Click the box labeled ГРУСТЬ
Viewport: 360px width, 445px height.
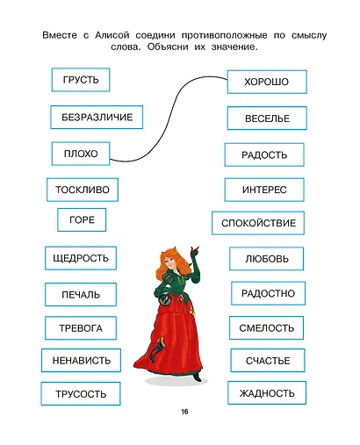click(81, 80)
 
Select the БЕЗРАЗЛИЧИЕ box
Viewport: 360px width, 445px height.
click(97, 117)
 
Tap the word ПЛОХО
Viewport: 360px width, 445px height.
click(81, 154)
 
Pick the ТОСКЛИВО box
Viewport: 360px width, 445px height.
click(83, 190)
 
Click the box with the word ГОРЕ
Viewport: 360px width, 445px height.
click(82, 219)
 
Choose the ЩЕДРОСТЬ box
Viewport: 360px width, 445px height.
click(81, 258)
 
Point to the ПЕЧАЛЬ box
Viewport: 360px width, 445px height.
click(81, 294)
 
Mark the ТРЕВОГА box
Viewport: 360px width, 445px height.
click(81, 328)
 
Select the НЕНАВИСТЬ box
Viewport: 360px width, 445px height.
click(81, 360)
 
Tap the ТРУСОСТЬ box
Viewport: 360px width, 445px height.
click(81, 393)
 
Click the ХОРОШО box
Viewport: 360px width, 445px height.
click(267, 82)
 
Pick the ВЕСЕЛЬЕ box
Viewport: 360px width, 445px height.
click(267, 118)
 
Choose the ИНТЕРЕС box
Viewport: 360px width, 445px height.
click(264, 190)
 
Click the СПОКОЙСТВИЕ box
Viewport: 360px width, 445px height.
click(258, 223)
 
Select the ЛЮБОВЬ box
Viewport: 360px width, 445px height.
click(266, 259)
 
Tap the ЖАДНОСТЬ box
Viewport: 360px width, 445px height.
click(267, 393)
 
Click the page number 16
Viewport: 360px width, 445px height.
click(184, 412)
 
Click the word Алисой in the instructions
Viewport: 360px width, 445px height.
click(112, 35)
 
